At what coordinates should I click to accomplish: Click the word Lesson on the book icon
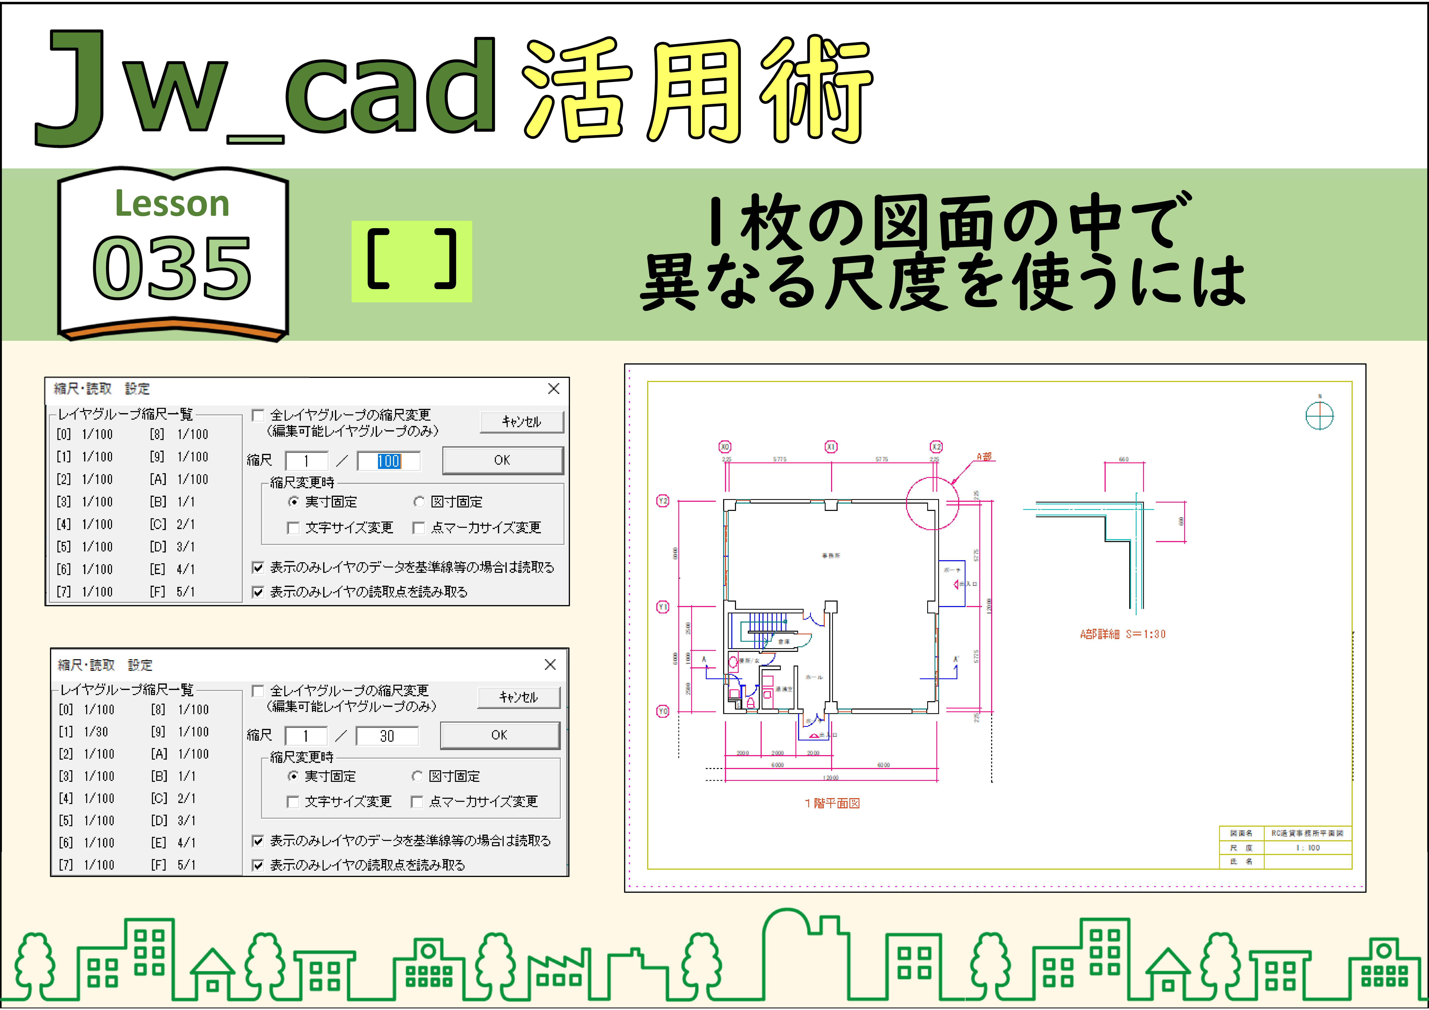pyautogui.click(x=172, y=204)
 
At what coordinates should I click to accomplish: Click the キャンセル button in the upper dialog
pyautogui.click(x=522, y=421)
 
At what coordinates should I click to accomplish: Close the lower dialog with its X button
pyautogui.click(x=550, y=665)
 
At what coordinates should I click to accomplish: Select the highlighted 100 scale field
pyautogui.click(x=388, y=461)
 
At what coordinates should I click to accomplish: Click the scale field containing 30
pyautogui.click(x=387, y=736)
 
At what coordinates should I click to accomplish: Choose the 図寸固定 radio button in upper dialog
pyautogui.click(x=420, y=502)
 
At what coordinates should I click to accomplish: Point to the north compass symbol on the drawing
pyautogui.click(x=1319, y=415)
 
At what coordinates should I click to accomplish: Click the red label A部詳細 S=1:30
pyautogui.click(x=1122, y=634)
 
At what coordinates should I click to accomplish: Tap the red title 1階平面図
pyautogui.click(x=832, y=803)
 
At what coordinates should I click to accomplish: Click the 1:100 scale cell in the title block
pyautogui.click(x=1308, y=847)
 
